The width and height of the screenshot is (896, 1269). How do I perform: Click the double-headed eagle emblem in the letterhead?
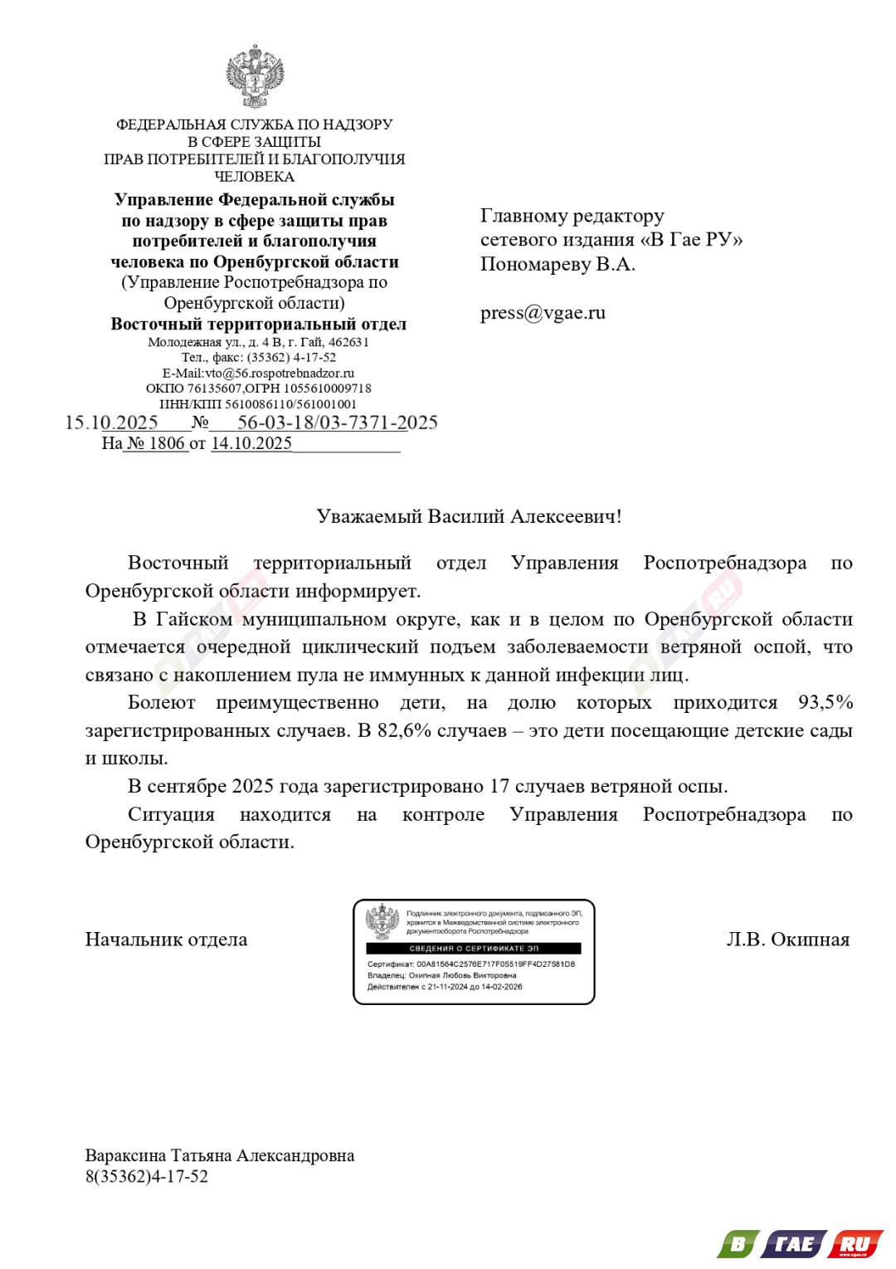[255, 76]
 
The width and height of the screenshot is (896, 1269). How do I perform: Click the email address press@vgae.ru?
[543, 313]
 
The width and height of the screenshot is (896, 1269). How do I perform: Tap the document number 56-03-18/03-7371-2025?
[337, 422]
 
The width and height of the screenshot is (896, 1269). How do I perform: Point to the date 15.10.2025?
[112, 422]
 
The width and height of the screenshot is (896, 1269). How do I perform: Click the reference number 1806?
[166, 443]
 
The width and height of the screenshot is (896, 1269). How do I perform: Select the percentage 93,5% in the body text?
[825, 703]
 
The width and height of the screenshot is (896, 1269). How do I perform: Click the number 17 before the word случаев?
[499, 786]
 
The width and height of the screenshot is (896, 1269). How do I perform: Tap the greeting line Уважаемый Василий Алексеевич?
[469, 516]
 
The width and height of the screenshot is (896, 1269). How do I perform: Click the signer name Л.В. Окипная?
[787, 940]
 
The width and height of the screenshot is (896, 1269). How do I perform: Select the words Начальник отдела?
[166, 940]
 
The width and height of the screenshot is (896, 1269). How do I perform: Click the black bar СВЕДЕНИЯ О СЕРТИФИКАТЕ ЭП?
[474, 948]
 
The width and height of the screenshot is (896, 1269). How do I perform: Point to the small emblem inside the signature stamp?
[382, 922]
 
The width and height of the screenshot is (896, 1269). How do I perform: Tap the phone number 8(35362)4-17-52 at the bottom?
[147, 1176]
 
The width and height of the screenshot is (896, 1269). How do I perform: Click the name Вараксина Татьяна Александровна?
[220, 1155]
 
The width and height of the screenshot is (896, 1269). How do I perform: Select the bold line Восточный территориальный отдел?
[258, 324]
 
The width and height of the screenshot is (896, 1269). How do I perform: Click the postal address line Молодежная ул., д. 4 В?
[258, 342]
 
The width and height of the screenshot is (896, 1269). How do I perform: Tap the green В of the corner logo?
[736, 1244]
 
